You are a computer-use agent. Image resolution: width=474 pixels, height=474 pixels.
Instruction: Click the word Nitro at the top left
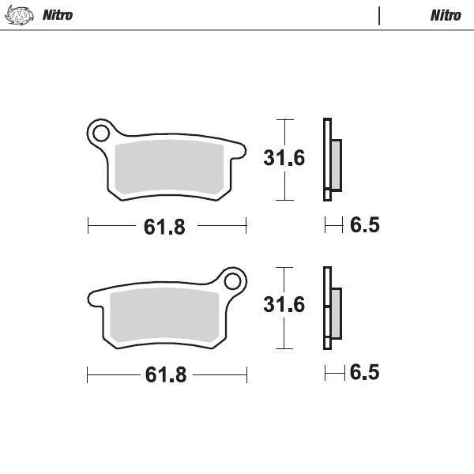point(58,15)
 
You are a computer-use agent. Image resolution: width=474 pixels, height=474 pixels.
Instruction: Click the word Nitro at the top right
point(446,15)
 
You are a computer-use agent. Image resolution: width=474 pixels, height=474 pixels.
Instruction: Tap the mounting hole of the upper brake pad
point(101,133)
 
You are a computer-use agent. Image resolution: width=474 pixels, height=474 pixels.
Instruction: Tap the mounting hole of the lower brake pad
point(231,280)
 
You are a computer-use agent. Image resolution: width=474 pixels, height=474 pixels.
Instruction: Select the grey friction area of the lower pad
point(164,317)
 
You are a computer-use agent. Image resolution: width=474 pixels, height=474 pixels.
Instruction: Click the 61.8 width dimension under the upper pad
point(164,228)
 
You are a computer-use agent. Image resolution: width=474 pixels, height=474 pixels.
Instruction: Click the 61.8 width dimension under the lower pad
point(165,375)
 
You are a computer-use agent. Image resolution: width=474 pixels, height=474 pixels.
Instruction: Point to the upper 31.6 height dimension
point(284,158)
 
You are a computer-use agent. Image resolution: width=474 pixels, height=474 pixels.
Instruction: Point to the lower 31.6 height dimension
point(284,305)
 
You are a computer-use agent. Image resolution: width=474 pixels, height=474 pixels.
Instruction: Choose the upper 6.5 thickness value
point(364,226)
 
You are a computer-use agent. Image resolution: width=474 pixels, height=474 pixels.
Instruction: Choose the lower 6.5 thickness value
point(364,373)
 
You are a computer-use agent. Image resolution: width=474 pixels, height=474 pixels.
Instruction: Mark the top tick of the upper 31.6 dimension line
point(284,120)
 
